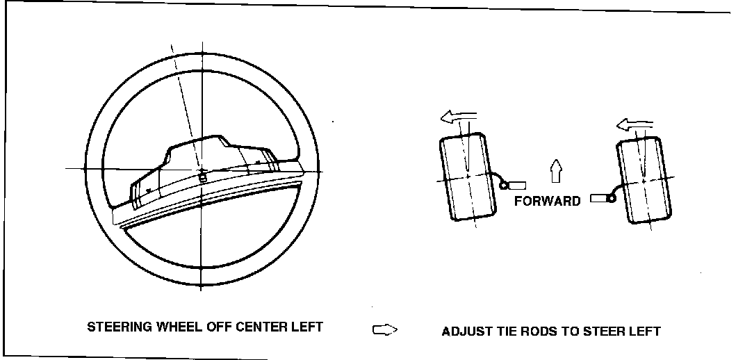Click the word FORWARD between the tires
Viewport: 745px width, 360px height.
[x=547, y=202]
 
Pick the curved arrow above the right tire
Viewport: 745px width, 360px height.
[x=635, y=124]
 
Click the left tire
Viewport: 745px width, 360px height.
[x=467, y=178]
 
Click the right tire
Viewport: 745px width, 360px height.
[x=644, y=180]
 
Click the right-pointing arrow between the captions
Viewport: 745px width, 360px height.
[x=384, y=330]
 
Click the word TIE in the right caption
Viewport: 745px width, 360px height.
[x=504, y=332]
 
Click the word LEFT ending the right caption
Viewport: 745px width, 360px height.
[x=644, y=332]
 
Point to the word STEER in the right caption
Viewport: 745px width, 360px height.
[x=602, y=332]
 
